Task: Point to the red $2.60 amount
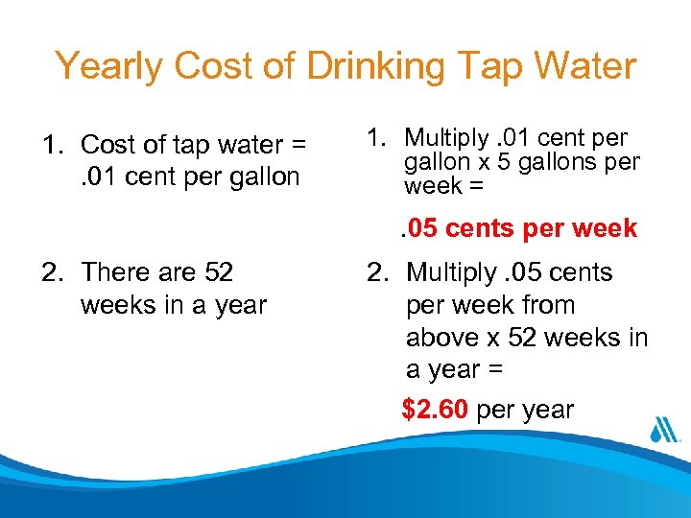click(x=435, y=411)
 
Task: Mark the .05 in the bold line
click(x=419, y=228)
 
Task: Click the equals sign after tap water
click(x=298, y=145)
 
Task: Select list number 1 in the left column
click(x=50, y=145)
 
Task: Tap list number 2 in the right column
click(x=376, y=272)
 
